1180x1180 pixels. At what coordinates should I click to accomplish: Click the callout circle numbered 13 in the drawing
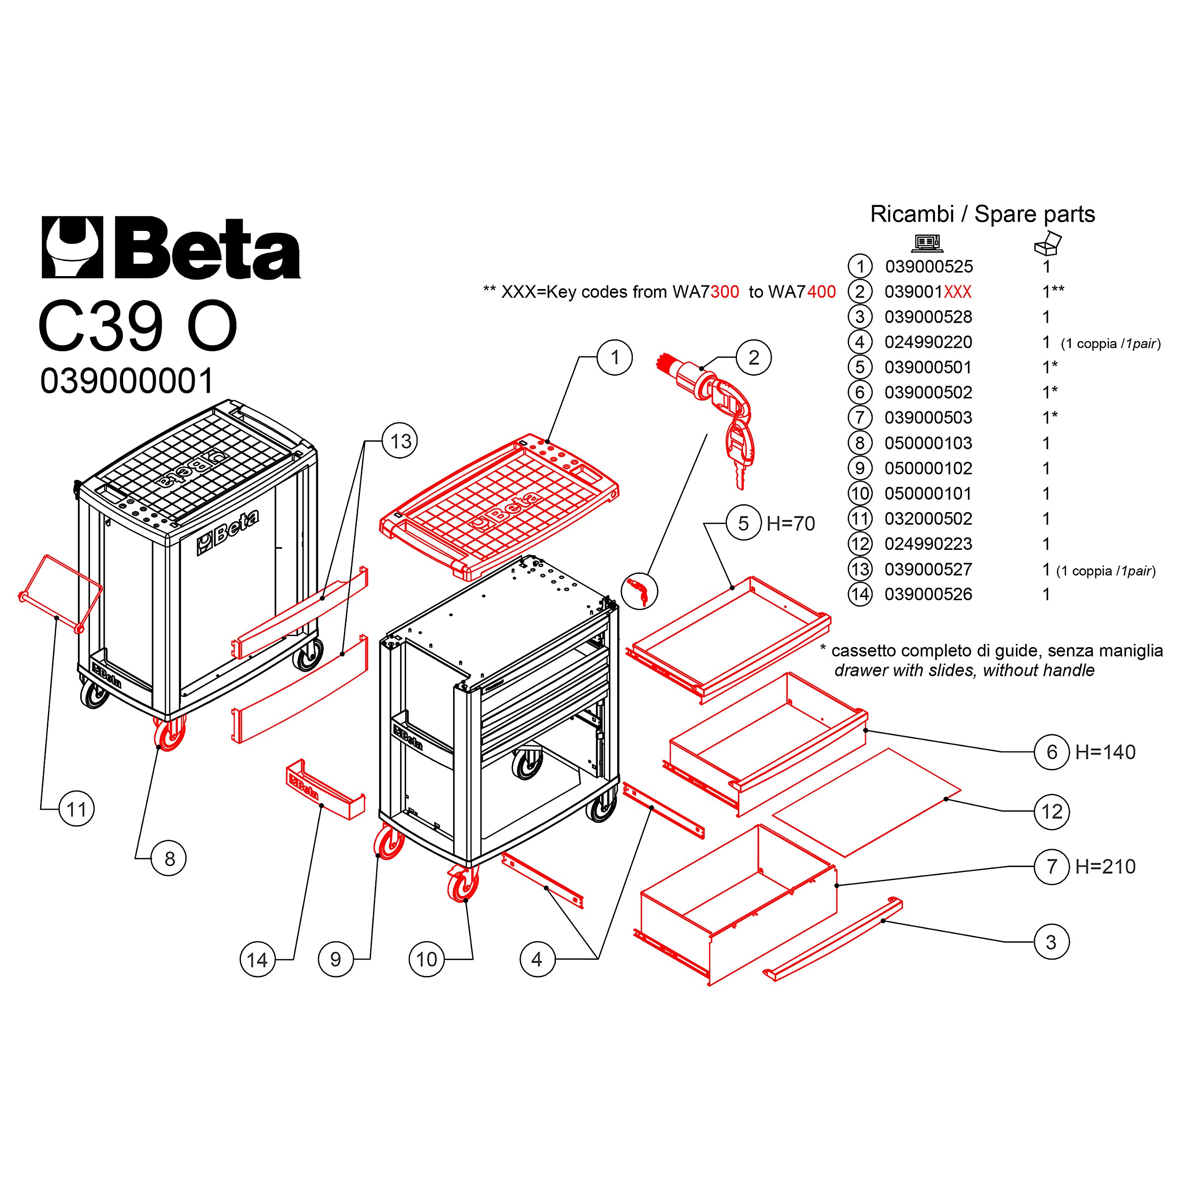(400, 441)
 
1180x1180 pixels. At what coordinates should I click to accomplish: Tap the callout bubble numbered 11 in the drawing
(77, 809)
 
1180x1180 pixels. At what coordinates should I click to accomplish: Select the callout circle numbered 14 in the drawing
(257, 960)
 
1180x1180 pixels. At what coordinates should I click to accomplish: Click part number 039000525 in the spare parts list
(929, 267)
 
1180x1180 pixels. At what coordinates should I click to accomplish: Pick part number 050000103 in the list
(928, 443)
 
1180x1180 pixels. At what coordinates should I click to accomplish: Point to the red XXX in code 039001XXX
(958, 292)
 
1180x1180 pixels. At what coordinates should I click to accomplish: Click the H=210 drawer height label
(1105, 867)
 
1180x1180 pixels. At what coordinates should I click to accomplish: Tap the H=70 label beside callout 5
(791, 524)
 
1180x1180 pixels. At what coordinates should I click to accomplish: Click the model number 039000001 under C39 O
(127, 381)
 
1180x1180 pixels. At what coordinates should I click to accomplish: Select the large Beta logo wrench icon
(72, 248)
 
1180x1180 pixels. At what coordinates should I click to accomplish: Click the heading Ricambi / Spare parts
(982, 214)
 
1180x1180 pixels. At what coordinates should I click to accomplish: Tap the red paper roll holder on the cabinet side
(60, 592)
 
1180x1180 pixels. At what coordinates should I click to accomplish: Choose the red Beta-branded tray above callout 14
(325, 789)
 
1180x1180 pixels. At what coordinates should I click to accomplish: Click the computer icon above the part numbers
(926, 243)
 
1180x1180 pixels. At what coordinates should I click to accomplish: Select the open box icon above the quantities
(1047, 243)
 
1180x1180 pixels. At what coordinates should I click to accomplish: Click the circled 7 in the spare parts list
(860, 418)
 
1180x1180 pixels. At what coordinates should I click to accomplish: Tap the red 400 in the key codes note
(821, 292)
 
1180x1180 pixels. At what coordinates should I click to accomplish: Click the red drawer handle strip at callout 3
(832, 939)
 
